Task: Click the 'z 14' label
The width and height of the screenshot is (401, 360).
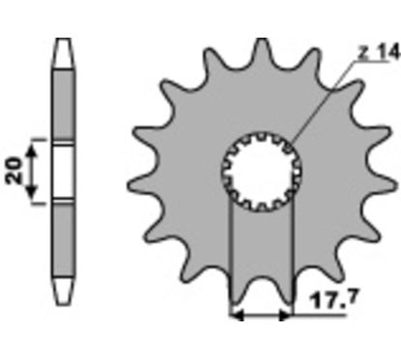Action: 379,53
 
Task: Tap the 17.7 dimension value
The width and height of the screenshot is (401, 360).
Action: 333,300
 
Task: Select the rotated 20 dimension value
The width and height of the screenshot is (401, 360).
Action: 15,171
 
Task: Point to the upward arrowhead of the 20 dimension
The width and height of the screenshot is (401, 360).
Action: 31,151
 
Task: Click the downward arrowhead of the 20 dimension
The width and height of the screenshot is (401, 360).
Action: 31,192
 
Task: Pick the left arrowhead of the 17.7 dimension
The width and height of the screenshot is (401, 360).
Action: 236,316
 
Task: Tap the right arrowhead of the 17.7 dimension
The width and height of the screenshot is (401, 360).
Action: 286,316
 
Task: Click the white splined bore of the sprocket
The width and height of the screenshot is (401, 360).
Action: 262,172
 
